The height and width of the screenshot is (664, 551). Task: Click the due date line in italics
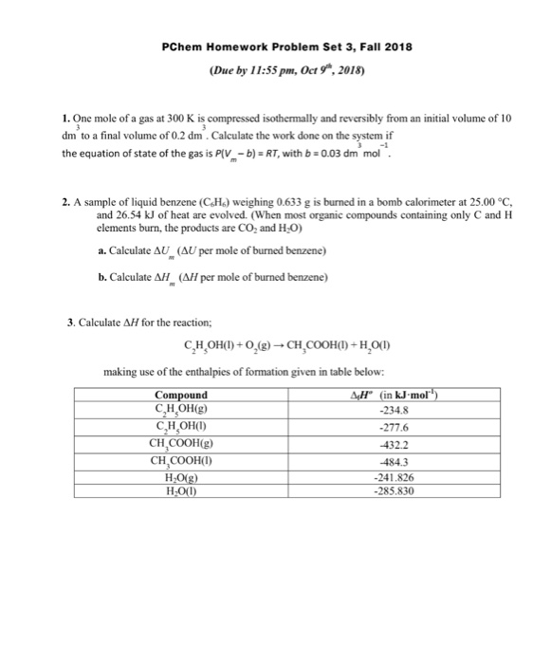tap(274, 69)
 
